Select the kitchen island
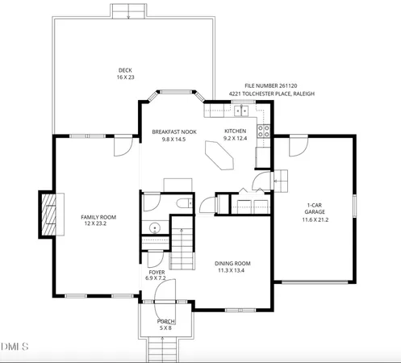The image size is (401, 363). coord(220,155)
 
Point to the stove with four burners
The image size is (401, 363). coord(263,130)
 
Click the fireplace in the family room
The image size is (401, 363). coord(49,214)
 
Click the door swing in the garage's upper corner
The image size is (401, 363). coord(298,146)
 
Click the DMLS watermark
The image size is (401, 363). coord(15,347)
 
